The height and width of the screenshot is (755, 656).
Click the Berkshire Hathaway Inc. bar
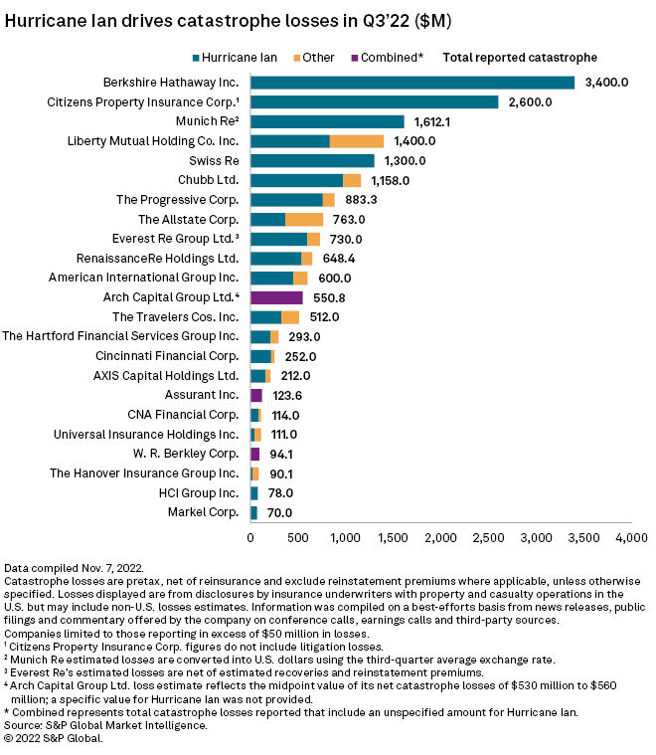(412, 83)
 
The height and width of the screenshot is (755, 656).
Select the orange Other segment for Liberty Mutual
(356, 141)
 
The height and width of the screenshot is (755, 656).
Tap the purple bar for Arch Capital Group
(276, 297)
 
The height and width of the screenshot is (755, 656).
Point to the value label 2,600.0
(534, 102)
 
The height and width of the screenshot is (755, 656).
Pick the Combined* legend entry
(385, 58)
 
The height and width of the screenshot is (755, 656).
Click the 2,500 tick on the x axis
(488, 538)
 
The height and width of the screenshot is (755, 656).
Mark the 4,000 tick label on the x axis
(630, 538)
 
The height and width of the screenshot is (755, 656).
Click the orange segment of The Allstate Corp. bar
(304, 219)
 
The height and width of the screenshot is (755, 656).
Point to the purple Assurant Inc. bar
(256, 395)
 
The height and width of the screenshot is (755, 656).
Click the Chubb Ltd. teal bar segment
(296, 180)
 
